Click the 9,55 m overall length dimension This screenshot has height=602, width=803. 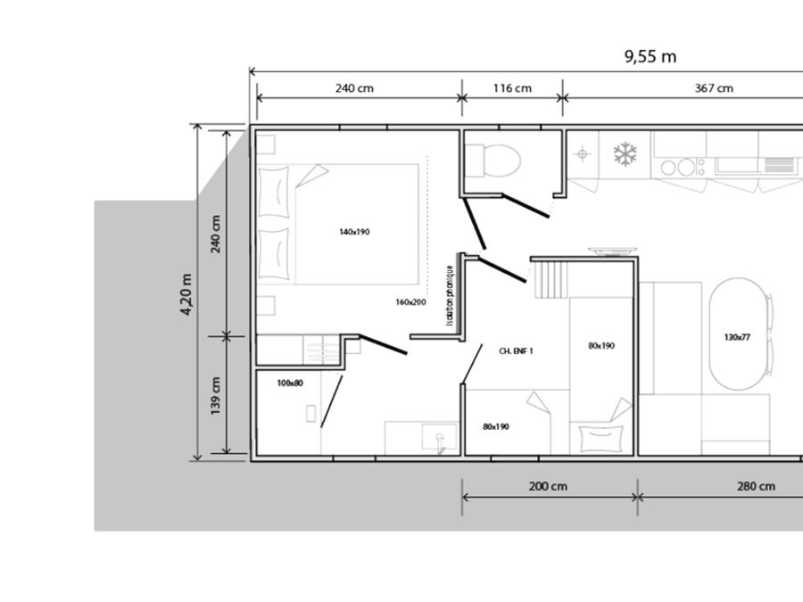650,56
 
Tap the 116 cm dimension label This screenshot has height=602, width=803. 512,88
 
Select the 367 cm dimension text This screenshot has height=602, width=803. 714,88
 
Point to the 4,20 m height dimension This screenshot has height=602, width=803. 186,294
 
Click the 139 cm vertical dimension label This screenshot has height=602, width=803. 216,396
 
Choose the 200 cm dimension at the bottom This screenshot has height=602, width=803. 548,486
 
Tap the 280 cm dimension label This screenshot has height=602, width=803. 756,486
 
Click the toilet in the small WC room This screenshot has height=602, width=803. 493,161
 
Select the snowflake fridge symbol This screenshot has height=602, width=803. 625,154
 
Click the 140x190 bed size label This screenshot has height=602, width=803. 354,232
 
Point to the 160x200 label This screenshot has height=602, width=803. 410,302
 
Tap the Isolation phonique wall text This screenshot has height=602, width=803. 450,295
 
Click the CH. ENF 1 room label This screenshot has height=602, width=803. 517,351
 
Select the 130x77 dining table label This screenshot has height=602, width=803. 738,337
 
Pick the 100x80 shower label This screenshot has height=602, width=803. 290,383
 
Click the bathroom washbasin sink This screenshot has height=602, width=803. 439,437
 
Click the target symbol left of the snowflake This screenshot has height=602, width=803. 583,153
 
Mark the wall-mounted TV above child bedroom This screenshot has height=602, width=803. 612,251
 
